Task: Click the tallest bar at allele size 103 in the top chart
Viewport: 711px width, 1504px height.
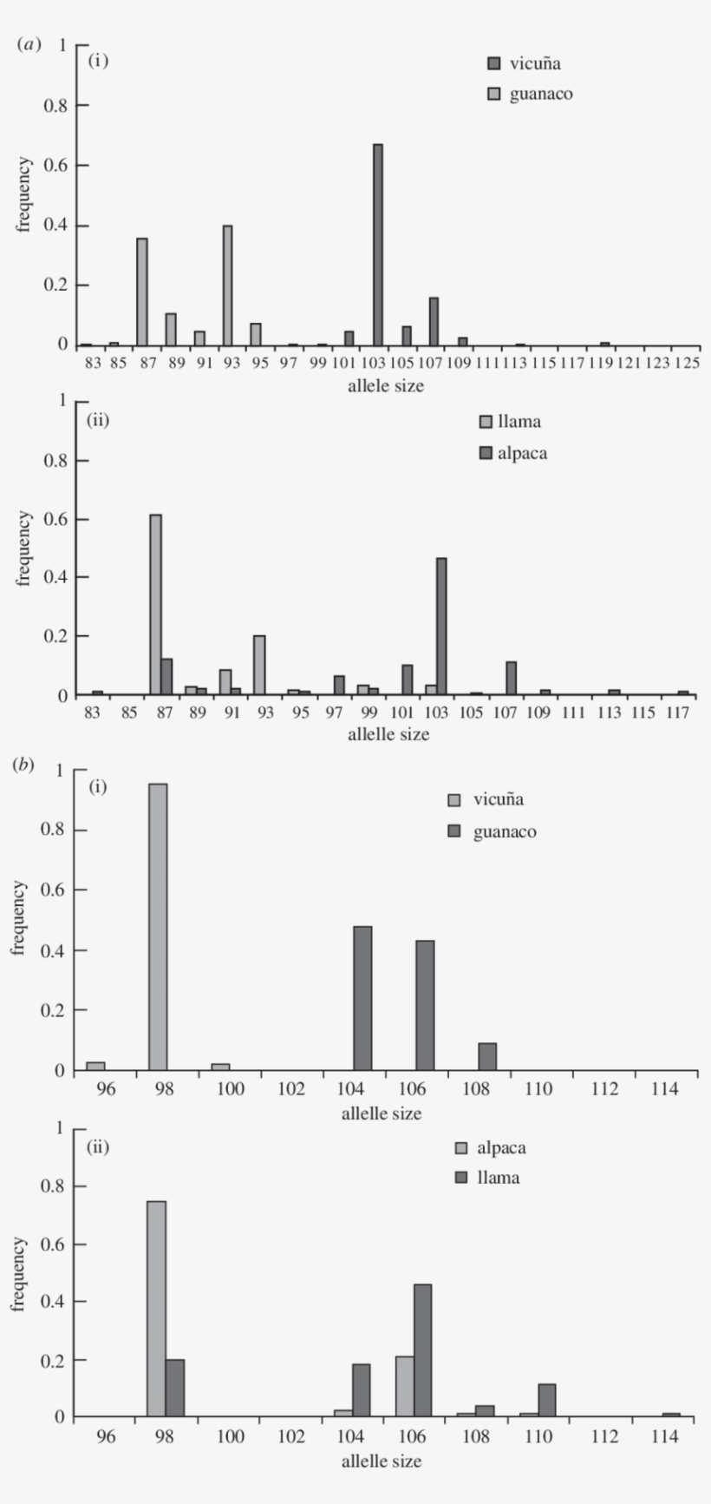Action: coord(378,245)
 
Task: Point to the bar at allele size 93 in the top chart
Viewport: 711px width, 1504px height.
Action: coord(227,286)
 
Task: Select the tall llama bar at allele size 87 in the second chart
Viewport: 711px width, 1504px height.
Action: coord(155,605)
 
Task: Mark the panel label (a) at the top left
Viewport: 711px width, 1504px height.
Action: coord(29,44)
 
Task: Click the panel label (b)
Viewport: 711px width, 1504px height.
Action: coord(23,765)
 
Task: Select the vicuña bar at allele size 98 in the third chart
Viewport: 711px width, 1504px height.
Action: coord(158,927)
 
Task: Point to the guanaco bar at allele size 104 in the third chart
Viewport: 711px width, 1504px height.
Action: coord(362,998)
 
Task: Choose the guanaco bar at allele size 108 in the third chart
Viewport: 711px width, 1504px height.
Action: coord(487,1056)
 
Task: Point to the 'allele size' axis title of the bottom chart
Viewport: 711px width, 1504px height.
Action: coord(382,1461)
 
